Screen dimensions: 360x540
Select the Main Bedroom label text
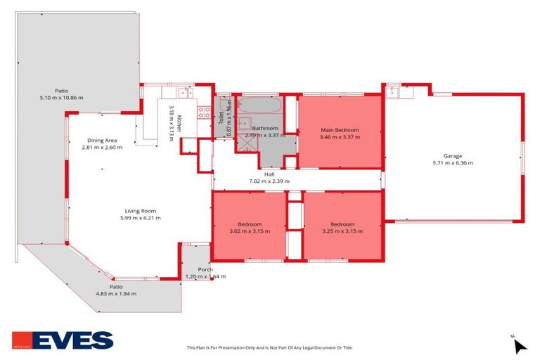point(340,130)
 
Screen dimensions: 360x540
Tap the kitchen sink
point(184,91)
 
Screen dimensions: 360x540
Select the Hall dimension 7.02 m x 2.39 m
point(269,181)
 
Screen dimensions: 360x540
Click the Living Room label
point(141,211)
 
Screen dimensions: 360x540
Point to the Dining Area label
point(102,140)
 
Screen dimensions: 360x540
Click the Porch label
point(205,269)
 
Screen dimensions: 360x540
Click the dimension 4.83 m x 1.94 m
point(116,294)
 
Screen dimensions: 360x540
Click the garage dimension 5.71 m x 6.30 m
point(453,163)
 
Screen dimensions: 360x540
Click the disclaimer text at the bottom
point(269,347)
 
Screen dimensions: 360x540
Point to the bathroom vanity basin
point(245,123)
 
